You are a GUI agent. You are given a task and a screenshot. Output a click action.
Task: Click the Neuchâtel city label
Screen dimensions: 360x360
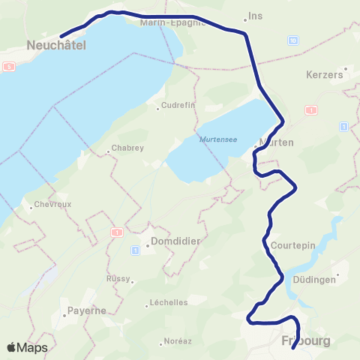pyautogui.click(x=56, y=46)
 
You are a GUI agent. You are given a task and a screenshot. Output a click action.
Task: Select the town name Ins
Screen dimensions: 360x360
pyautogui.click(x=256, y=15)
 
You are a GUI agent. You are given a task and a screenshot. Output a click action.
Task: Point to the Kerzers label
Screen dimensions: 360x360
pyautogui.click(x=325, y=75)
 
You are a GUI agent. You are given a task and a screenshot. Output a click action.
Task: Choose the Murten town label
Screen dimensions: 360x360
pyautogui.click(x=275, y=142)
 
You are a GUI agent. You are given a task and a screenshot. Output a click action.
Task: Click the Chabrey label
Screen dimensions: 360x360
pyautogui.click(x=127, y=148)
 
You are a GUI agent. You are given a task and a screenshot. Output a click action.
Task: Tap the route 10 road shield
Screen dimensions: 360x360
pyautogui.click(x=292, y=40)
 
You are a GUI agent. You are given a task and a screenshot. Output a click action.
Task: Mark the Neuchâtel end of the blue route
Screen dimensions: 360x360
pyautogui.click(x=61, y=34)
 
